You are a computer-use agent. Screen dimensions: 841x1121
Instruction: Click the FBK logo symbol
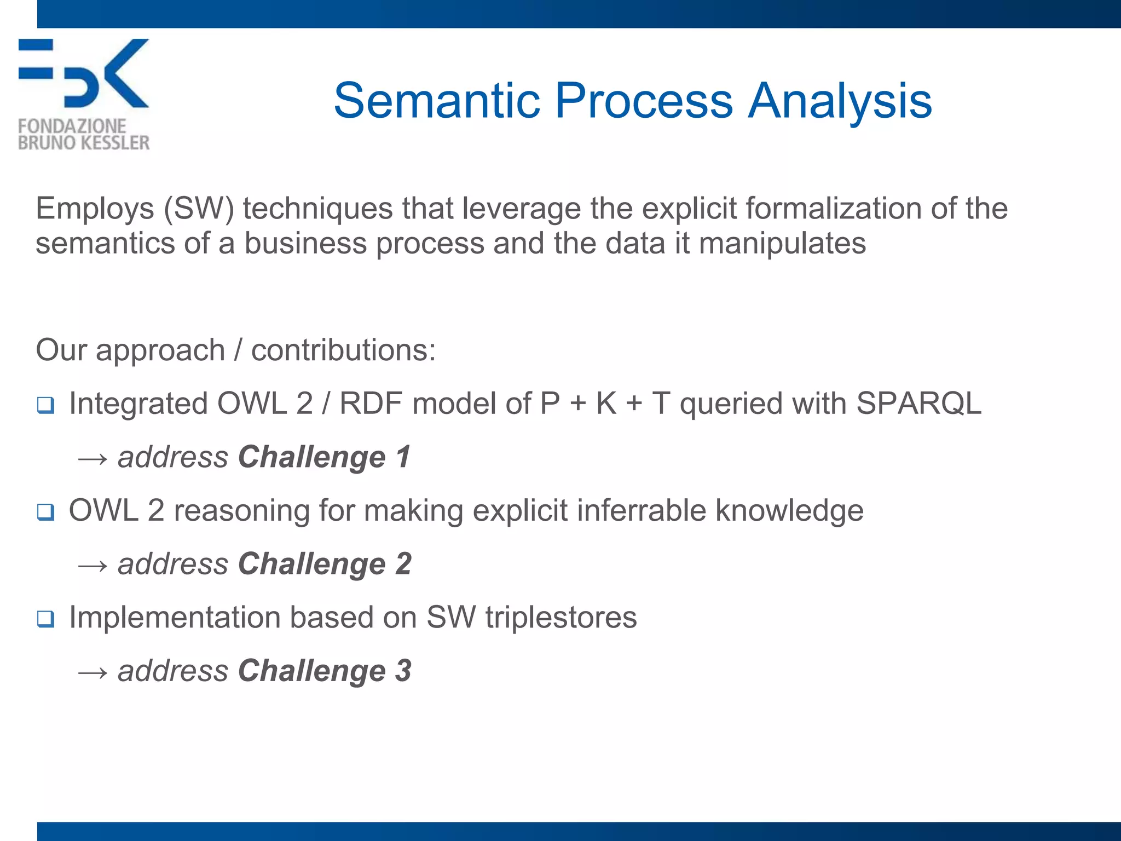click(83, 73)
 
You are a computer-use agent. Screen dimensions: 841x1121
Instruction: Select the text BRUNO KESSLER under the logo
click(83, 143)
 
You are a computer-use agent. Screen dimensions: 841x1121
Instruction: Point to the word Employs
click(95, 209)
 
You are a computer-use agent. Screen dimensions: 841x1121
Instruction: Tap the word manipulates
click(782, 243)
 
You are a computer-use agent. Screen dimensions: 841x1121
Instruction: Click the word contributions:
click(343, 350)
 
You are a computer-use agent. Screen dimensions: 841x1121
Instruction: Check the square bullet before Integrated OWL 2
click(46, 406)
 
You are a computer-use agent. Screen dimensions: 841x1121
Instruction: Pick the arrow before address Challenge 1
click(93, 458)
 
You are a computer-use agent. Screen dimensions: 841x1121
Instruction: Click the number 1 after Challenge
click(403, 457)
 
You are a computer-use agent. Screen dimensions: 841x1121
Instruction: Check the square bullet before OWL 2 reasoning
click(46, 512)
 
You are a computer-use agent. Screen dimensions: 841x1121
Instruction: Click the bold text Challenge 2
click(324, 564)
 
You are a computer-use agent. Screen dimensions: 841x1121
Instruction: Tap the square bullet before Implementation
click(46, 619)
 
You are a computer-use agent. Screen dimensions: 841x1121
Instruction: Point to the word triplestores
click(560, 618)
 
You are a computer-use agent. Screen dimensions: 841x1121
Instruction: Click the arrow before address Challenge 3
click(93, 672)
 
